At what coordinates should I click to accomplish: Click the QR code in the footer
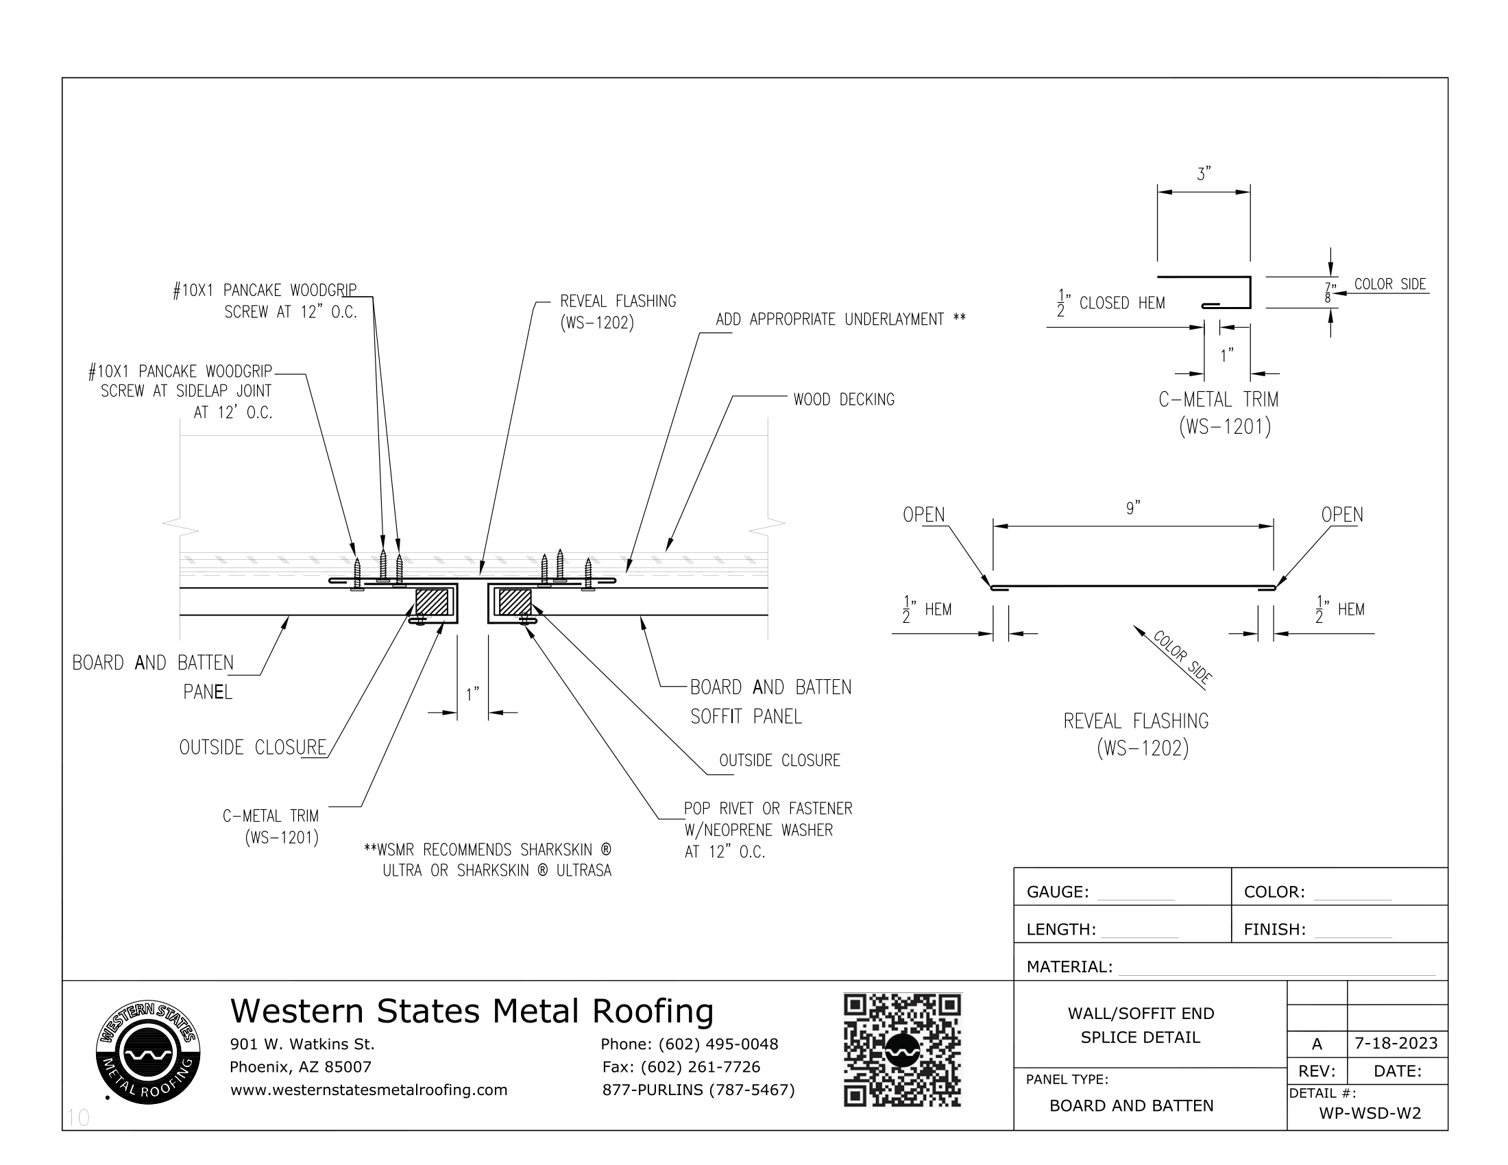coord(902,1050)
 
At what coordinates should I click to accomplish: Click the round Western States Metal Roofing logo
coord(148,1052)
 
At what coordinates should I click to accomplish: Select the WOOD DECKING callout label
coord(843,400)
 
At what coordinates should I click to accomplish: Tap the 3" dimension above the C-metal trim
coord(1204,175)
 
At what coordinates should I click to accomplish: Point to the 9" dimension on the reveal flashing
coord(1132,508)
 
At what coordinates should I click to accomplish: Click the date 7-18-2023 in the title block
coord(1396,1043)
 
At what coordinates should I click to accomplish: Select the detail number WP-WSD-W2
coord(1370,1112)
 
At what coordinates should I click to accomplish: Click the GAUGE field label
coord(1057,892)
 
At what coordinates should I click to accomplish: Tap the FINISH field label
coord(1274,929)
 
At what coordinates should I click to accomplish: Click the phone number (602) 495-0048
coord(718,1044)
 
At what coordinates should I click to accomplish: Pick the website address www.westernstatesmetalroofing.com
coord(369,1090)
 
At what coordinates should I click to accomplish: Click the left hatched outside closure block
coord(432,602)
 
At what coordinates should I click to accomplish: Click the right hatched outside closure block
coord(514,602)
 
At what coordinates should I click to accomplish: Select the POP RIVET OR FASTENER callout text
coord(768,808)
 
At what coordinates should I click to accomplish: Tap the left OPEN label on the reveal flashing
coord(923,515)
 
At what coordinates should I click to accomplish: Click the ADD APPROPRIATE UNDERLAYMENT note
coord(840,319)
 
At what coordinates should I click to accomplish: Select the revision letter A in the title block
coord(1317,1044)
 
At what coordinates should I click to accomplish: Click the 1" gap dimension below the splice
coord(472,694)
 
